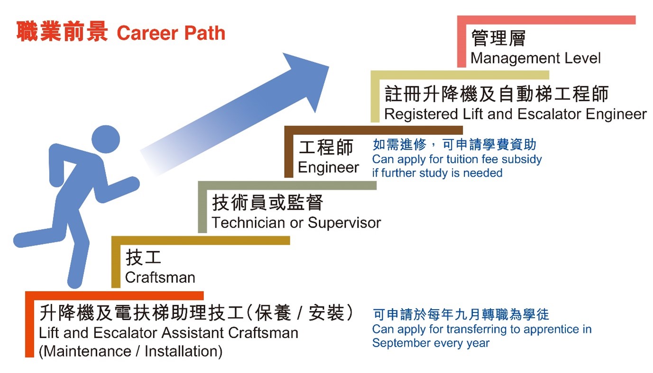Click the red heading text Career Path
(171, 33)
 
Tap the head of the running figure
(106, 139)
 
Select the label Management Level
(535, 58)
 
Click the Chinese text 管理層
(498, 38)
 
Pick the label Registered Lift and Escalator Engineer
(515, 114)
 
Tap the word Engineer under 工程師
(329, 167)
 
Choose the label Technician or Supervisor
(296, 222)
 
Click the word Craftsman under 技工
(160, 277)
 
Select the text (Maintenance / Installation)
(130, 351)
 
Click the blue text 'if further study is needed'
(437, 173)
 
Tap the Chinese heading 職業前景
(62, 31)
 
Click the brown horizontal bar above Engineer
(373, 130)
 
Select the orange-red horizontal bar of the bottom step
(114, 295)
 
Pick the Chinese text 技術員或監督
(267, 203)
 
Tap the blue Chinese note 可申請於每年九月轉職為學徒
(460, 314)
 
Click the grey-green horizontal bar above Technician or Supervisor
(287, 186)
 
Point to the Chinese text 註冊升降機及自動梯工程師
(497, 94)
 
